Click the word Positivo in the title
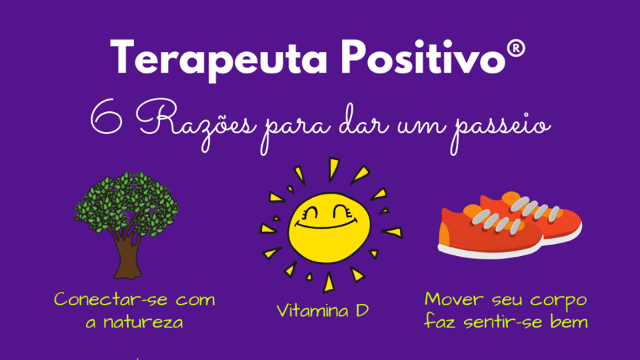pos(423,57)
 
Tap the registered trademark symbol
pos(516,49)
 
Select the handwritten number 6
pos(107,117)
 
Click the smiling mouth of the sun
pos(326,224)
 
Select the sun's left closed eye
pos(311,213)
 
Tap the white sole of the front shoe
pos(490,251)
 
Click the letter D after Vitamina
pos(362,311)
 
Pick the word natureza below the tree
pos(143,323)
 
